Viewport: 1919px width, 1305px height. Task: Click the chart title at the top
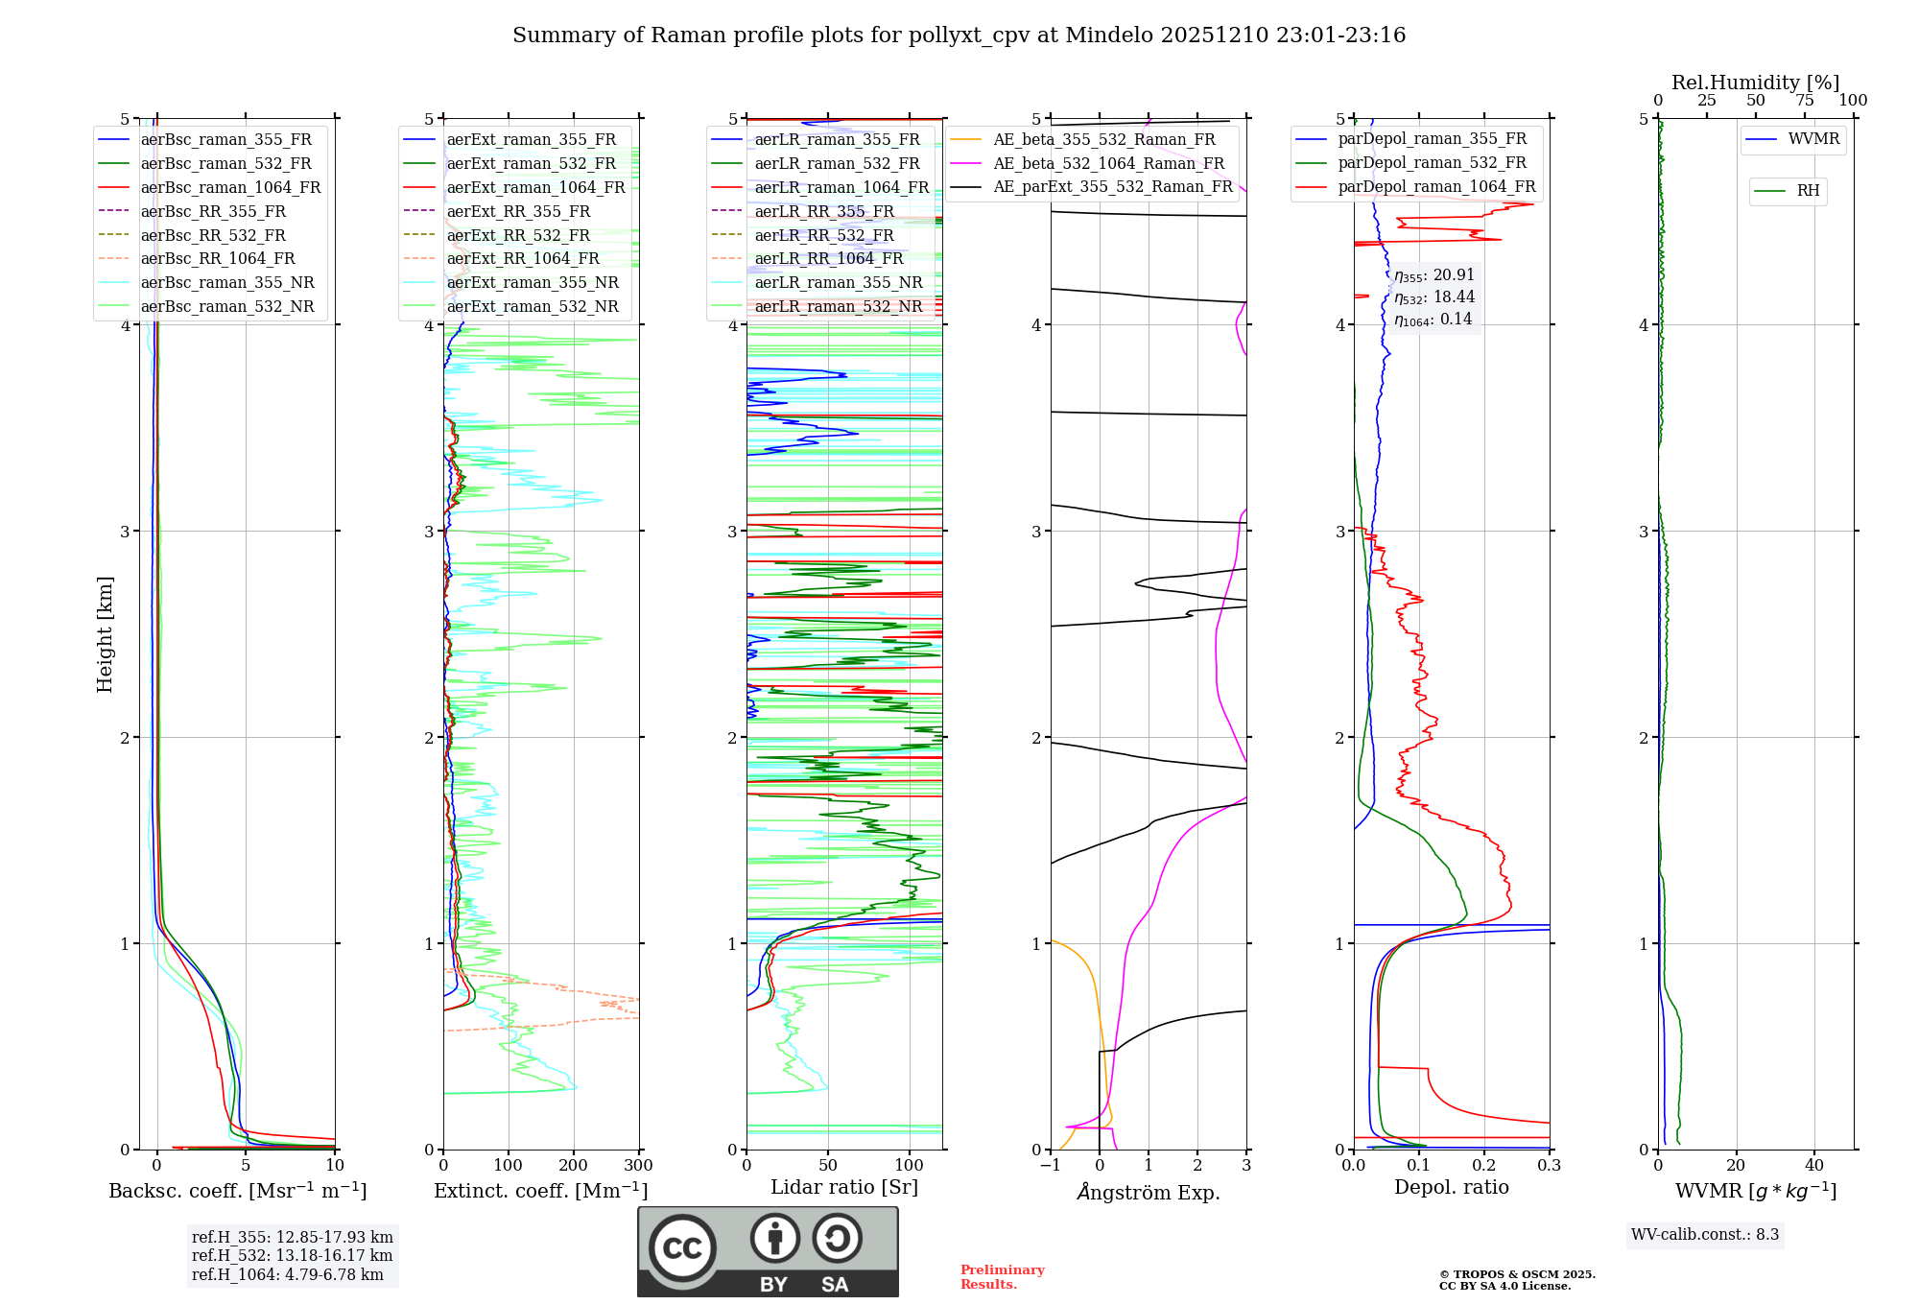[959, 36]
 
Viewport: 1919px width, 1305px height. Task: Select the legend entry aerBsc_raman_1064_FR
[230, 187]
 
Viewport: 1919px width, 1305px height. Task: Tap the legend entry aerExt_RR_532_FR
[518, 235]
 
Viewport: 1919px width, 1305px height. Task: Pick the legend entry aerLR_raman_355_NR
[838, 282]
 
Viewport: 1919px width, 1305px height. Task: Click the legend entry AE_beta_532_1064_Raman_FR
[1108, 163]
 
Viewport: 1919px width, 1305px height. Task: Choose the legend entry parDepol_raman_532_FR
[1432, 163]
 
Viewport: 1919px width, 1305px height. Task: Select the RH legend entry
[1808, 191]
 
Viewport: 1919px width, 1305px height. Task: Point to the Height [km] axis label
[105, 634]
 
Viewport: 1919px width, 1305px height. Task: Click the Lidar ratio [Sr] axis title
[844, 1187]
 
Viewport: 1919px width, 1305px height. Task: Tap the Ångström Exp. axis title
[1149, 1192]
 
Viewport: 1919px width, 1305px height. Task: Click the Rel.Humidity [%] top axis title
[1755, 83]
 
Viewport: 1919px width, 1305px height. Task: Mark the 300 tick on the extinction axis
[639, 1166]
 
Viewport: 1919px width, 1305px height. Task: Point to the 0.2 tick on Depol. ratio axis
[1484, 1166]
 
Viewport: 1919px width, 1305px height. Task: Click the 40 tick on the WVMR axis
[1814, 1166]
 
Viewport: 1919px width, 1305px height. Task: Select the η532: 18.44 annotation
[1434, 297]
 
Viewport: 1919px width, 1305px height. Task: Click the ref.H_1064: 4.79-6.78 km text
[287, 1274]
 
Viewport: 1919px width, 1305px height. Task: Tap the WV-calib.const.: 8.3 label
[1705, 1235]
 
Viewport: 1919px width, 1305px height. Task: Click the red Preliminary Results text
[1002, 1277]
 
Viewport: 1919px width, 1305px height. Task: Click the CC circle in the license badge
[682, 1248]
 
